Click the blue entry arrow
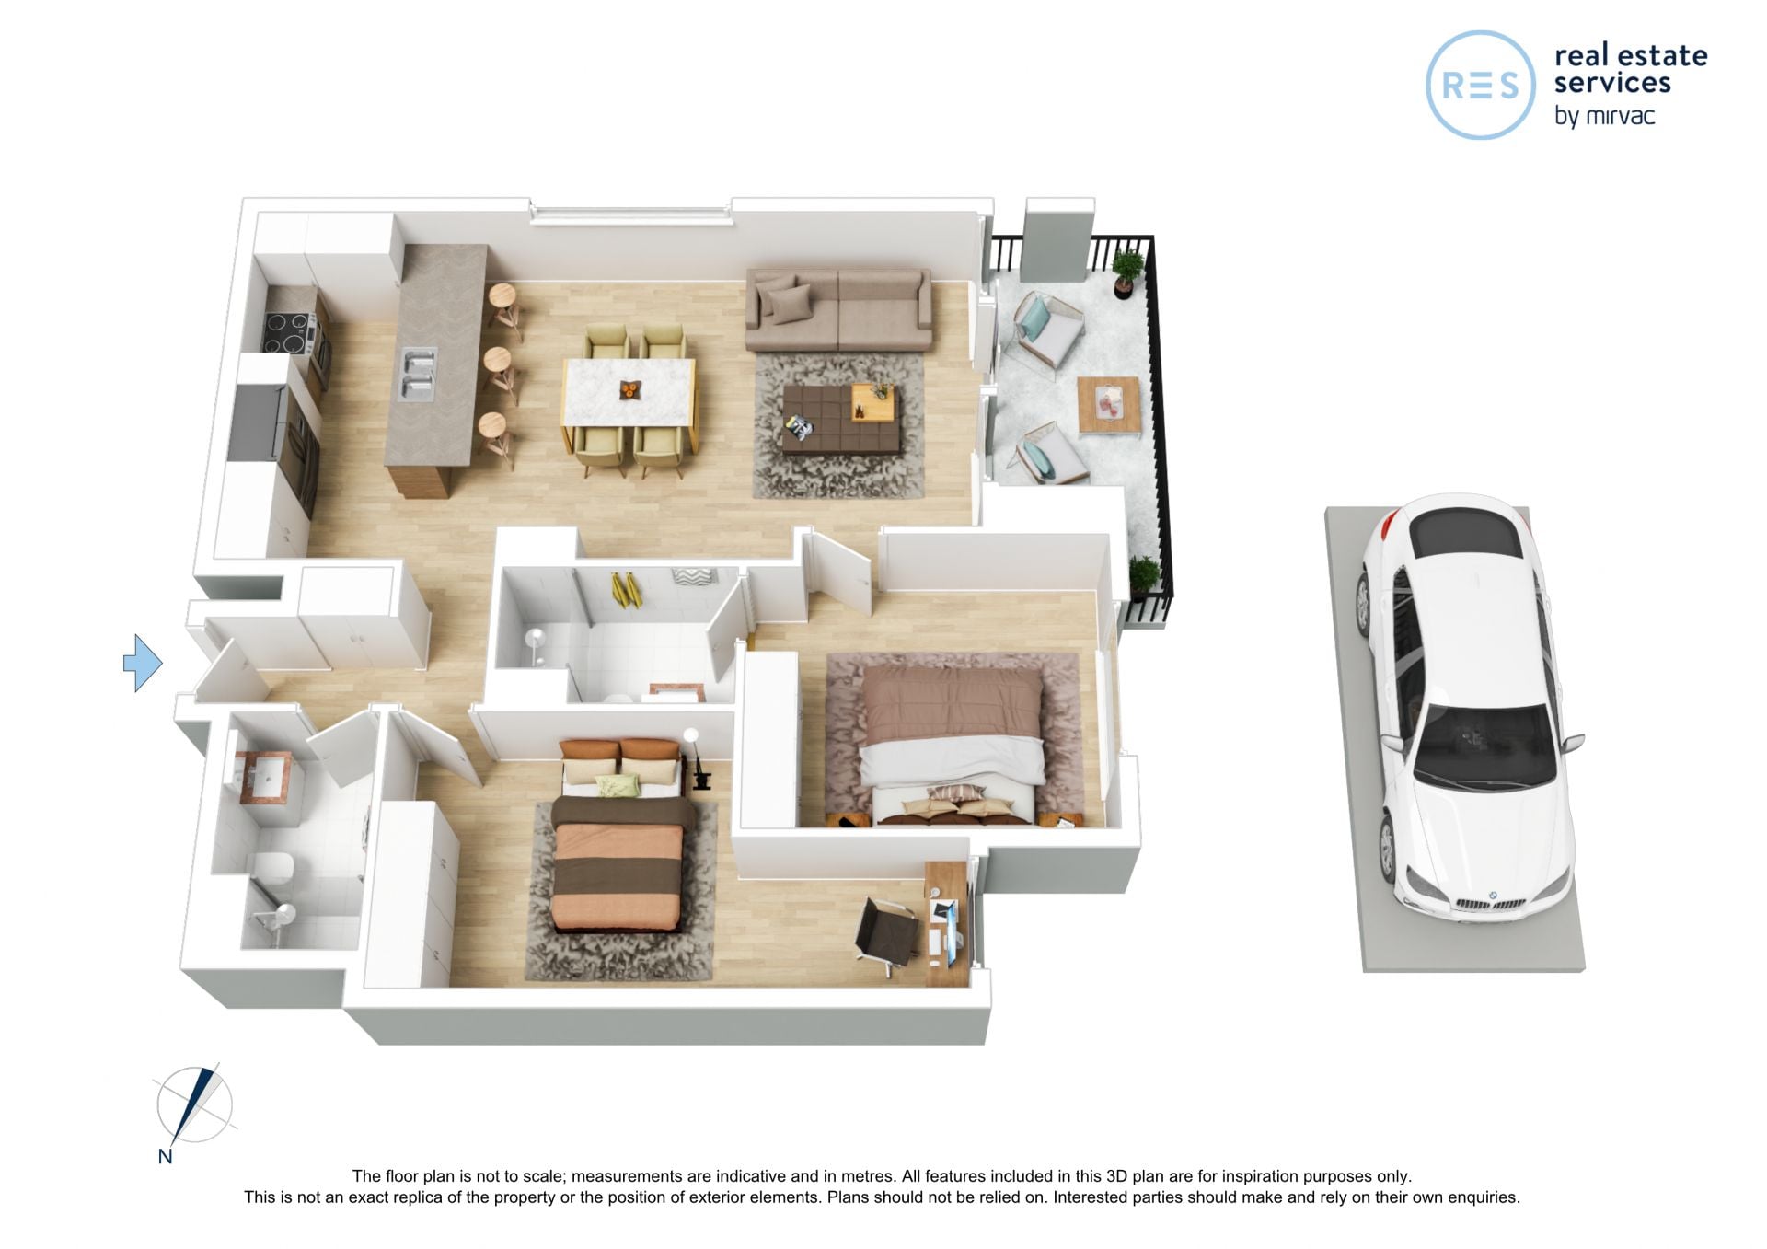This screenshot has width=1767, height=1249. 143,663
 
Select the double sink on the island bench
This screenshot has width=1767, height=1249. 416,375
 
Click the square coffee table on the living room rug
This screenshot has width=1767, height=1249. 840,419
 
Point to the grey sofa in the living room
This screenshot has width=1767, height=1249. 838,309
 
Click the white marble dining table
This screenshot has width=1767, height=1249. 629,392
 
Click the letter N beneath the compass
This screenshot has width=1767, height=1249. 165,1157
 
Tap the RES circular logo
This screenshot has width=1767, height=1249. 1481,85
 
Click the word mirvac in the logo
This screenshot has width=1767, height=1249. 1621,116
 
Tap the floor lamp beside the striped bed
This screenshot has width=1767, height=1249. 696,758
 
